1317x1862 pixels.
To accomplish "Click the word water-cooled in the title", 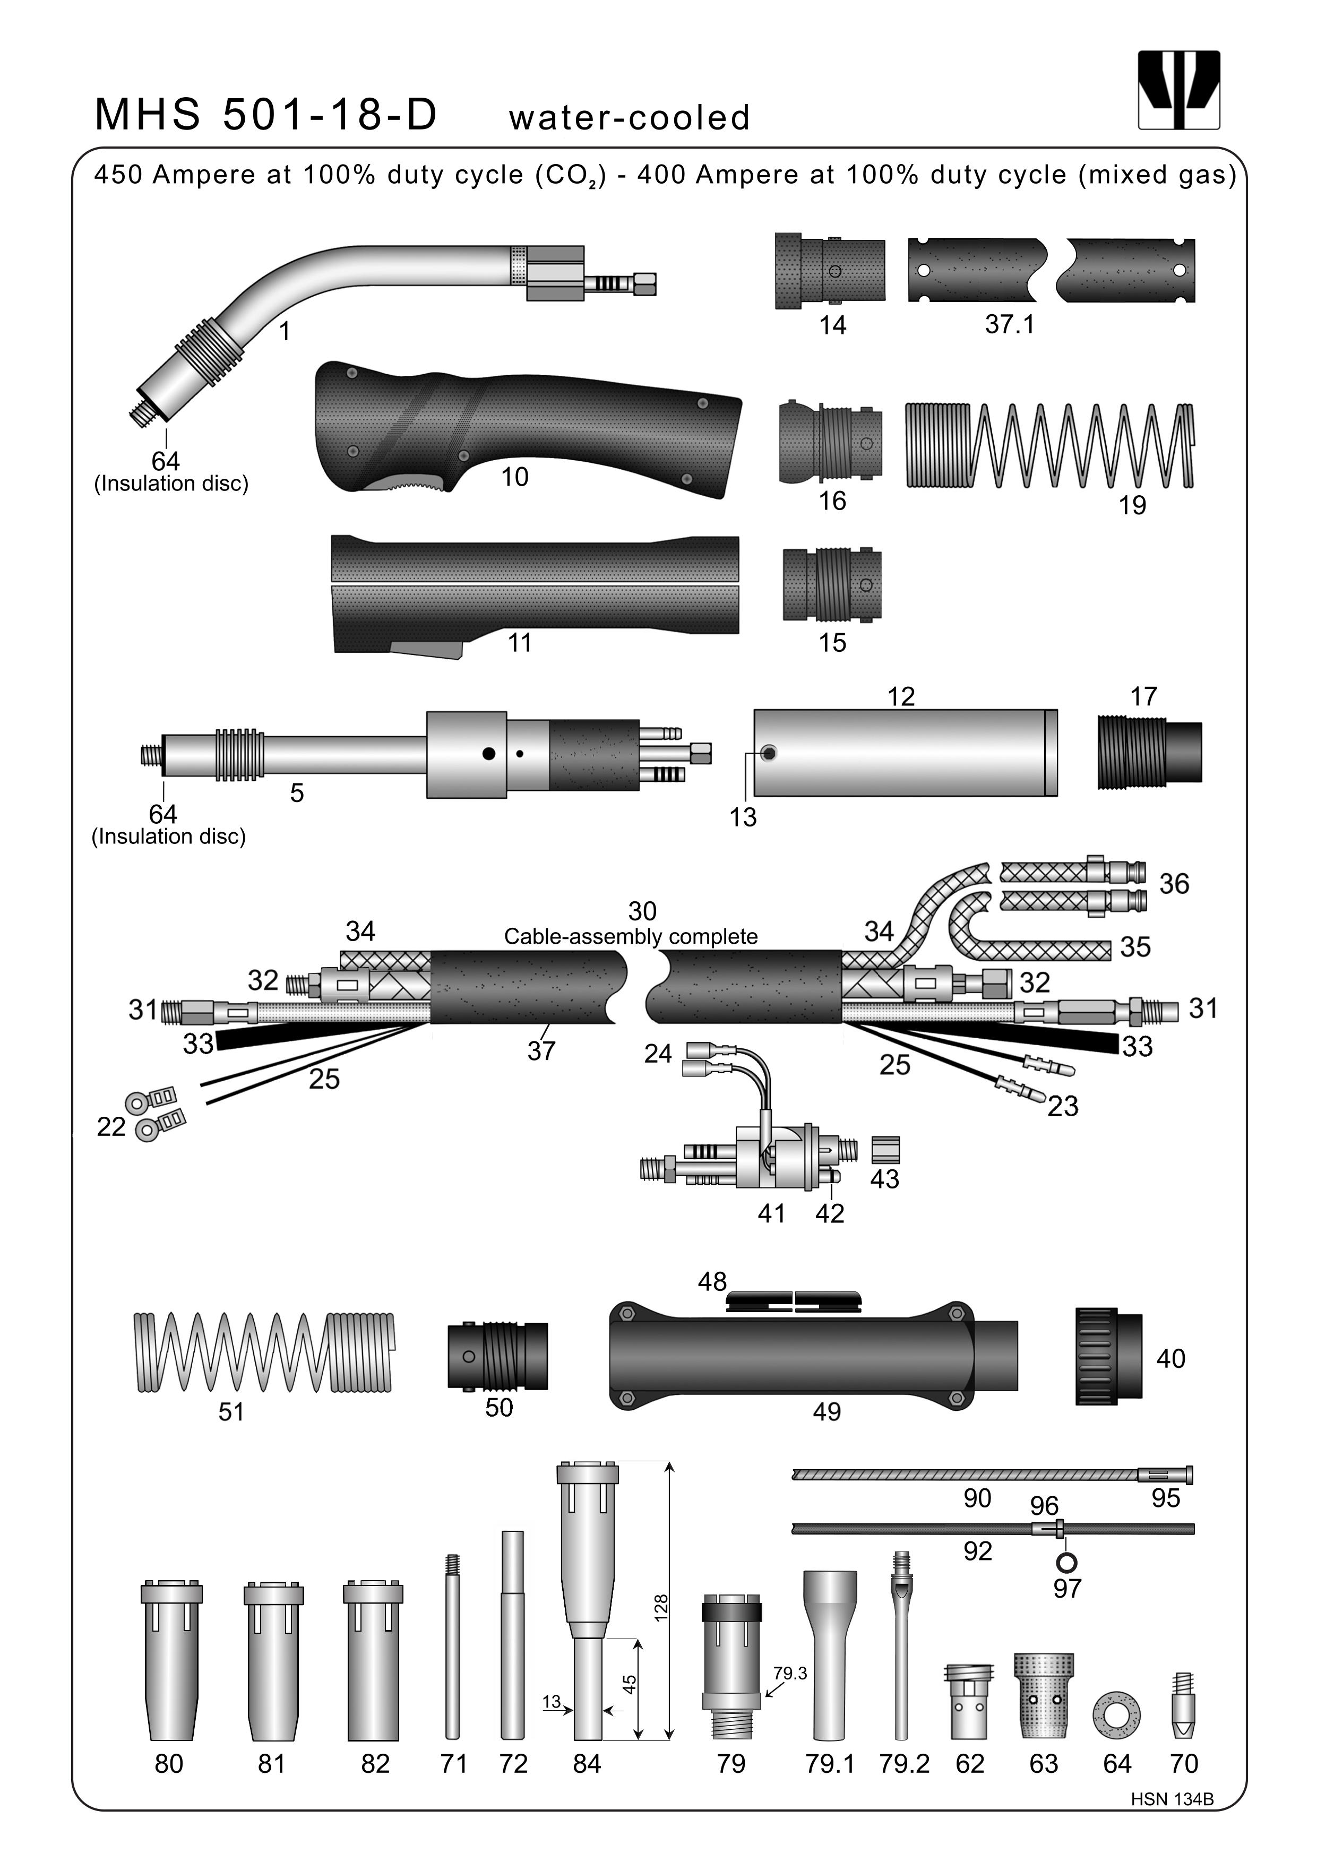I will (630, 118).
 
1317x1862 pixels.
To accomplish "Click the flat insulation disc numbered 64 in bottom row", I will (1117, 1714).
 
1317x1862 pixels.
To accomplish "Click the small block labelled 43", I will (885, 1149).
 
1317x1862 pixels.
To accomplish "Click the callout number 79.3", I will (789, 1673).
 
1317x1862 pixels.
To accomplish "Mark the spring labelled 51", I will (264, 1352).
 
